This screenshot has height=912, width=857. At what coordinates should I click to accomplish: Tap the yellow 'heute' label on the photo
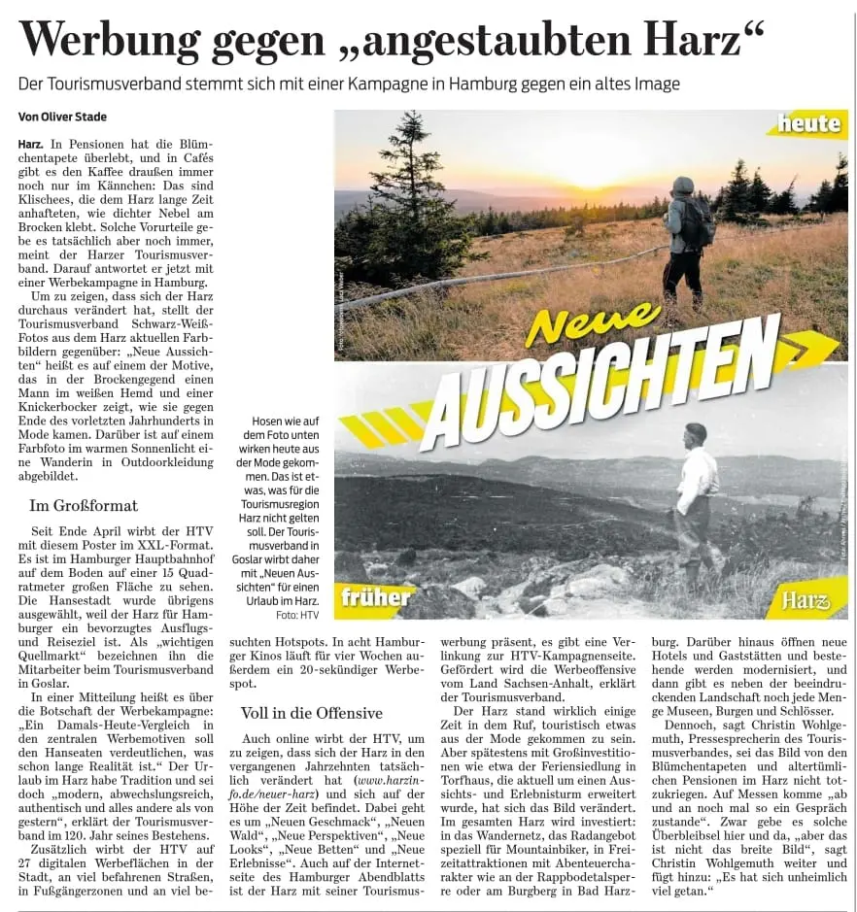point(810,123)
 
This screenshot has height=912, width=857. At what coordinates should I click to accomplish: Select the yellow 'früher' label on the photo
point(375,596)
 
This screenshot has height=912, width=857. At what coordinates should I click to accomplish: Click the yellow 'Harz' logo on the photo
point(806,600)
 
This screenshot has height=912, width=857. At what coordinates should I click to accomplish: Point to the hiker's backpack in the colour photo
point(697,222)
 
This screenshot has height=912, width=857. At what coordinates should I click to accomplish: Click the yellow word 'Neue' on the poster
point(592,323)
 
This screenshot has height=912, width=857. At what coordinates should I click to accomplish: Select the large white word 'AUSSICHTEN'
point(602,379)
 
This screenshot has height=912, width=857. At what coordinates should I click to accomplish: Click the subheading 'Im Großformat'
point(84,505)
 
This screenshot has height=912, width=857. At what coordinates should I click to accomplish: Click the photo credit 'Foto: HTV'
point(297,615)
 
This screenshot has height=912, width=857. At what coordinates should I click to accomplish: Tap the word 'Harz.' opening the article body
point(30,144)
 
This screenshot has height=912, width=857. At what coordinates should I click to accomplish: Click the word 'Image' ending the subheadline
point(652,84)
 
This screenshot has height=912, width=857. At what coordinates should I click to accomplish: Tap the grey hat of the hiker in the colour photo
point(683,185)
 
